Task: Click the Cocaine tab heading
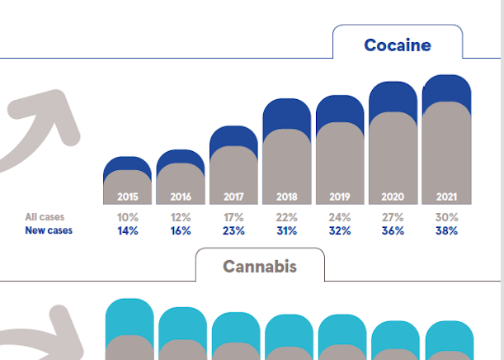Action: tap(398, 45)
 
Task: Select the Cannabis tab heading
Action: tap(260, 267)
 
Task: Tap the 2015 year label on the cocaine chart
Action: tap(128, 197)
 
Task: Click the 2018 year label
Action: tap(286, 197)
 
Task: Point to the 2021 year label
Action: tap(446, 197)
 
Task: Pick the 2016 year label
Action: tap(181, 197)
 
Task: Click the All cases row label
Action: tap(45, 217)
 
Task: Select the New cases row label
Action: tap(49, 230)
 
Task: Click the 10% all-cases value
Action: tap(128, 217)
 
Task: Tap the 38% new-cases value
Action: tap(446, 231)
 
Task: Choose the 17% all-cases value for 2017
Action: tap(233, 217)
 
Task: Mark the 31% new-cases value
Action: tap(286, 231)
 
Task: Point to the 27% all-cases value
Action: tap(393, 217)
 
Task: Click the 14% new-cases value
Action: tap(128, 231)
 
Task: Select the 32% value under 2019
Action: tap(340, 231)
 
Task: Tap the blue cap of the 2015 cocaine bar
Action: tap(128, 164)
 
